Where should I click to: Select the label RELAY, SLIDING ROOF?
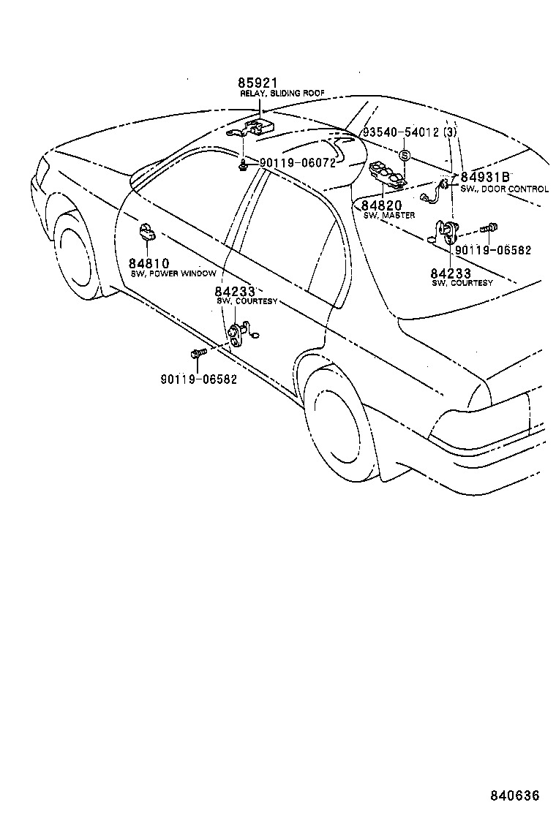[x=282, y=94]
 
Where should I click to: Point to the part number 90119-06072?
[x=296, y=162]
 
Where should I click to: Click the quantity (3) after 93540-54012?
[x=450, y=132]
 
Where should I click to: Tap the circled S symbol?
[x=405, y=156]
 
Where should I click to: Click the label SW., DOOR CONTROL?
[x=504, y=189]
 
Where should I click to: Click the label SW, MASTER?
[x=388, y=216]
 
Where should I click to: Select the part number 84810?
[x=150, y=263]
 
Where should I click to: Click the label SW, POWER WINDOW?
[x=173, y=273]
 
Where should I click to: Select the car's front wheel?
[x=73, y=252]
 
